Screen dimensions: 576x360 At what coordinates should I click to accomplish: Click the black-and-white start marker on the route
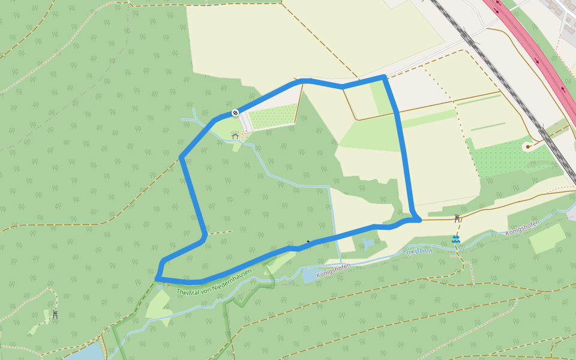(x=235, y=112)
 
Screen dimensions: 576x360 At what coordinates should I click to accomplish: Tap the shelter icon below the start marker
(x=235, y=136)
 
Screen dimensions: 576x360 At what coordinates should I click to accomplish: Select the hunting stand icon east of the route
(x=458, y=218)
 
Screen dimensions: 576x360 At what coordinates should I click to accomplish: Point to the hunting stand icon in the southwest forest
(x=55, y=314)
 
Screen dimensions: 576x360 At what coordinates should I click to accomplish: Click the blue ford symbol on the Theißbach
(x=457, y=239)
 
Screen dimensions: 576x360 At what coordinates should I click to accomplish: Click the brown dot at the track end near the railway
(x=528, y=146)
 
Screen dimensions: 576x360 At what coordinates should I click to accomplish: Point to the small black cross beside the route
(x=308, y=241)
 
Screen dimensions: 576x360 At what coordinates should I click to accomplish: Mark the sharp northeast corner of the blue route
(x=383, y=77)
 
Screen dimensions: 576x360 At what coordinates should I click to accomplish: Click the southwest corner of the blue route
(x=157, y=278)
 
